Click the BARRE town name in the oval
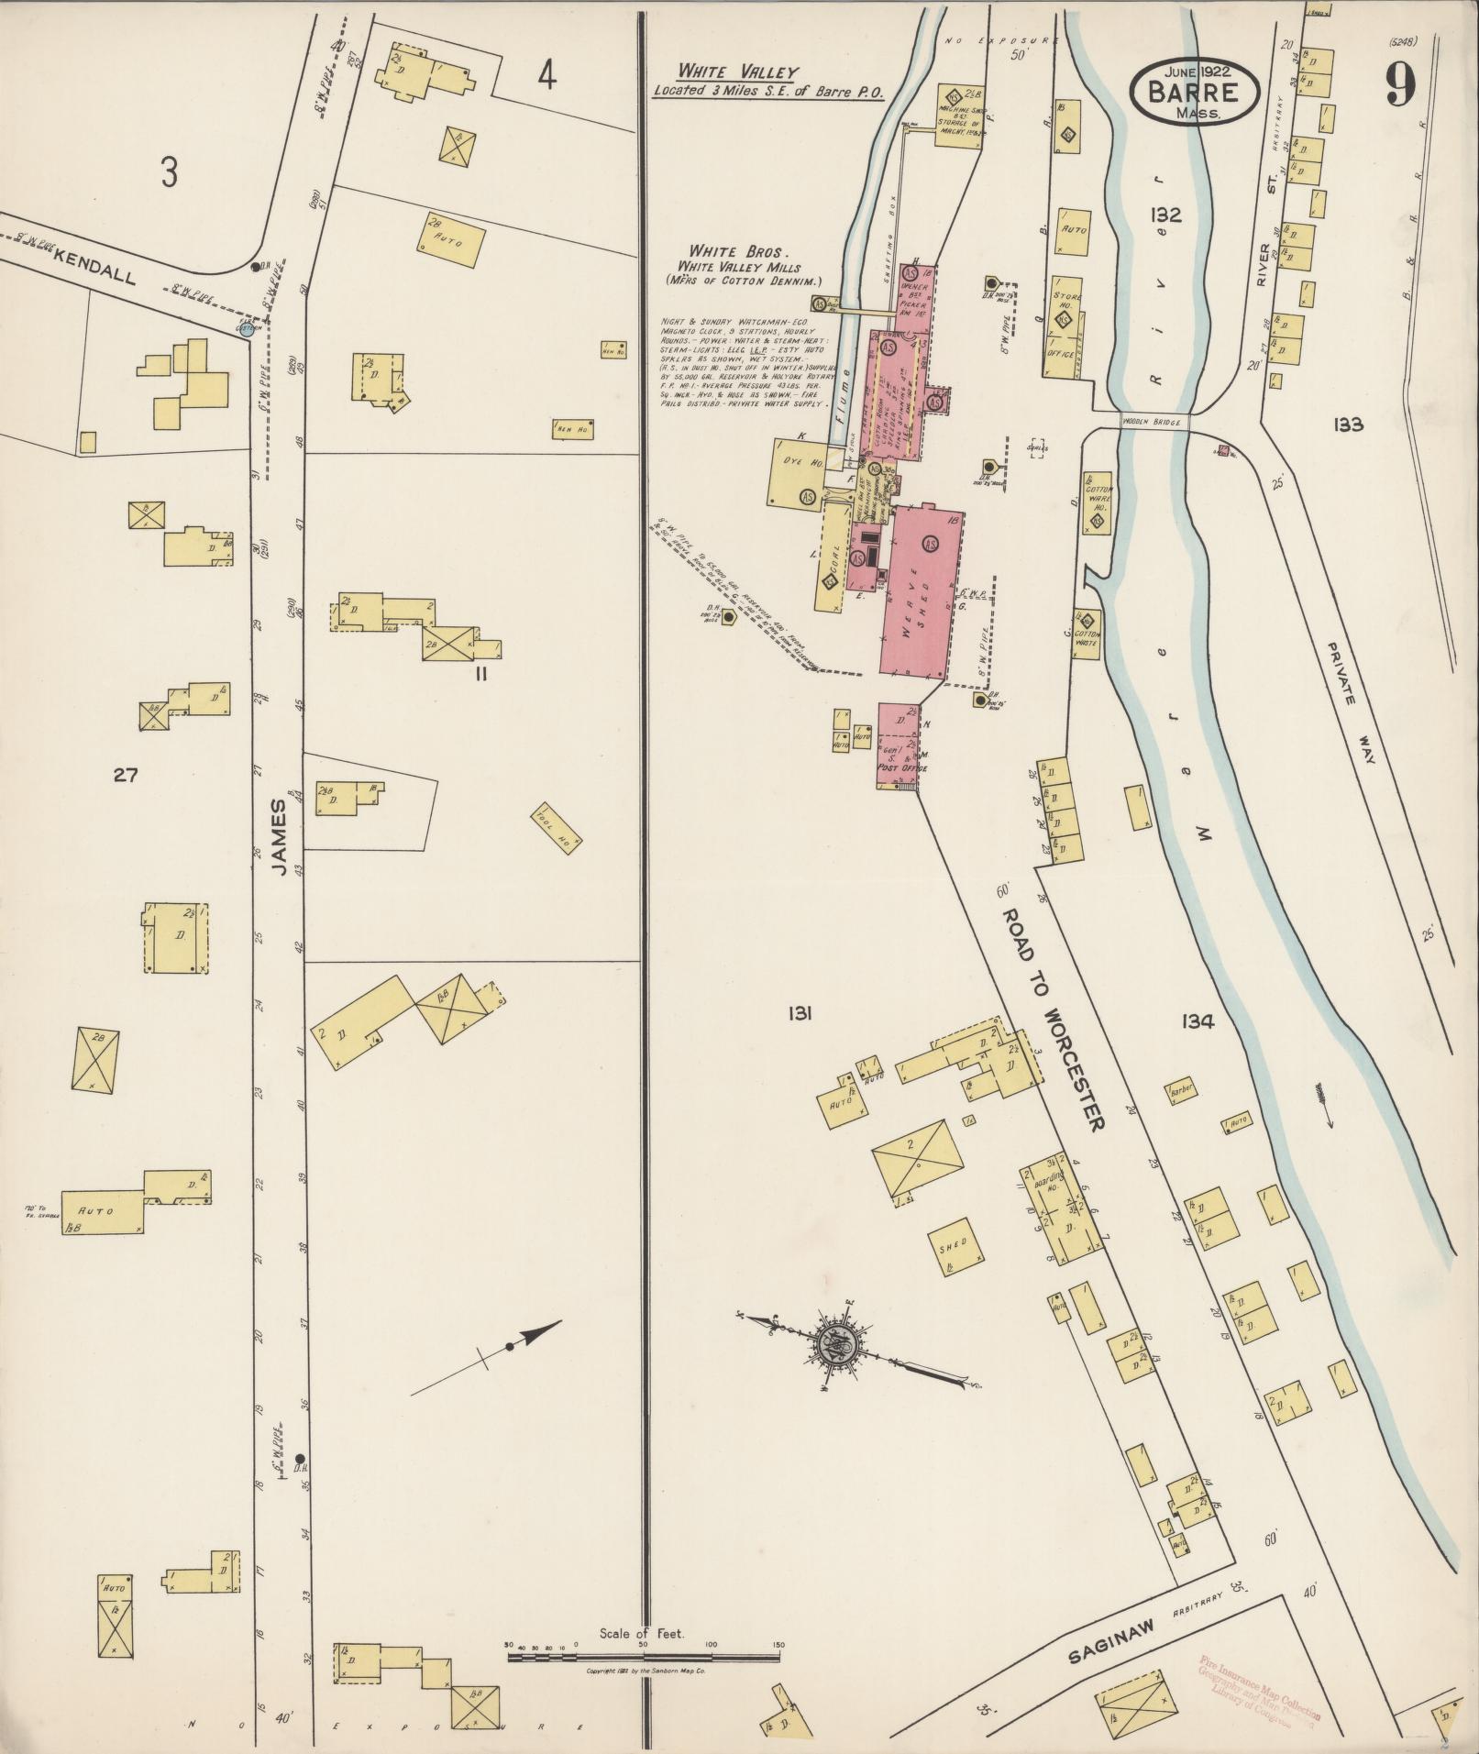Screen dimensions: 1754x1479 (x=1194, y=92)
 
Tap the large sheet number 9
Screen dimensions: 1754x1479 (x=1401, y=86)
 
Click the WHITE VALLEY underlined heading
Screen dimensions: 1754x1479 (x=738, y=72)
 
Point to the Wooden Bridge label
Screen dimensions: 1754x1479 (x=1153, y=422)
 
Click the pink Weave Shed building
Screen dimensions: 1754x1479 (x=922, y=591)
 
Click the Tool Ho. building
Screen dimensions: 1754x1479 (x=556, y=829)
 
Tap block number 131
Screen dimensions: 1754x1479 (x=800, y=1013)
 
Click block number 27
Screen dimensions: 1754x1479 (x=125, y=776)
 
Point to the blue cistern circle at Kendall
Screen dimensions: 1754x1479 (x=246, y=329)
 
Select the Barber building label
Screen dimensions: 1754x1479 (x=1181, y=1092)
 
